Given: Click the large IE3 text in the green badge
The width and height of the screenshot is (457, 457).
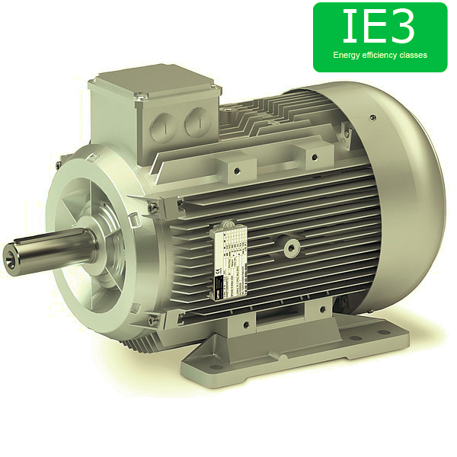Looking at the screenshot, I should pyautogui.click(x=379, y=26).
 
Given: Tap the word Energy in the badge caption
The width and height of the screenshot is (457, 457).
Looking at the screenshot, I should pyautogui.click(x=346, y=56).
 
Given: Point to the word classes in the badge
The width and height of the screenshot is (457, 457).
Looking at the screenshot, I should pyautogui.click(x=415, y=56).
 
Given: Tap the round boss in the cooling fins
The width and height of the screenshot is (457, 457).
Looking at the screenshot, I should pyautogui.click(x=290, y=247).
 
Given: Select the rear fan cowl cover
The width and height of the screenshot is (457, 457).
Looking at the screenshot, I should pyautogui.click(x=396, y=198).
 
